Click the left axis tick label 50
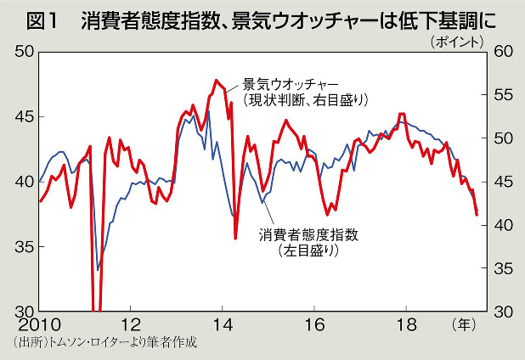(x=21, y=52)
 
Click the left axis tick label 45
(x=21, y=116)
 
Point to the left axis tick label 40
(x=21, y=181)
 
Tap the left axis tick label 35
(x=21, y=246)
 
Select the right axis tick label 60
(x=502, y=52)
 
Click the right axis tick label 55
(x=502, y=95)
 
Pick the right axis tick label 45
(x=502, y=182)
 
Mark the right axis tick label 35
(x=502, y=268)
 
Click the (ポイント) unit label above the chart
(x=461, y=39)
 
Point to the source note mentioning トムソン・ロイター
(x=105, y=344)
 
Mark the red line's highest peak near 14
(x=217, y=81)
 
